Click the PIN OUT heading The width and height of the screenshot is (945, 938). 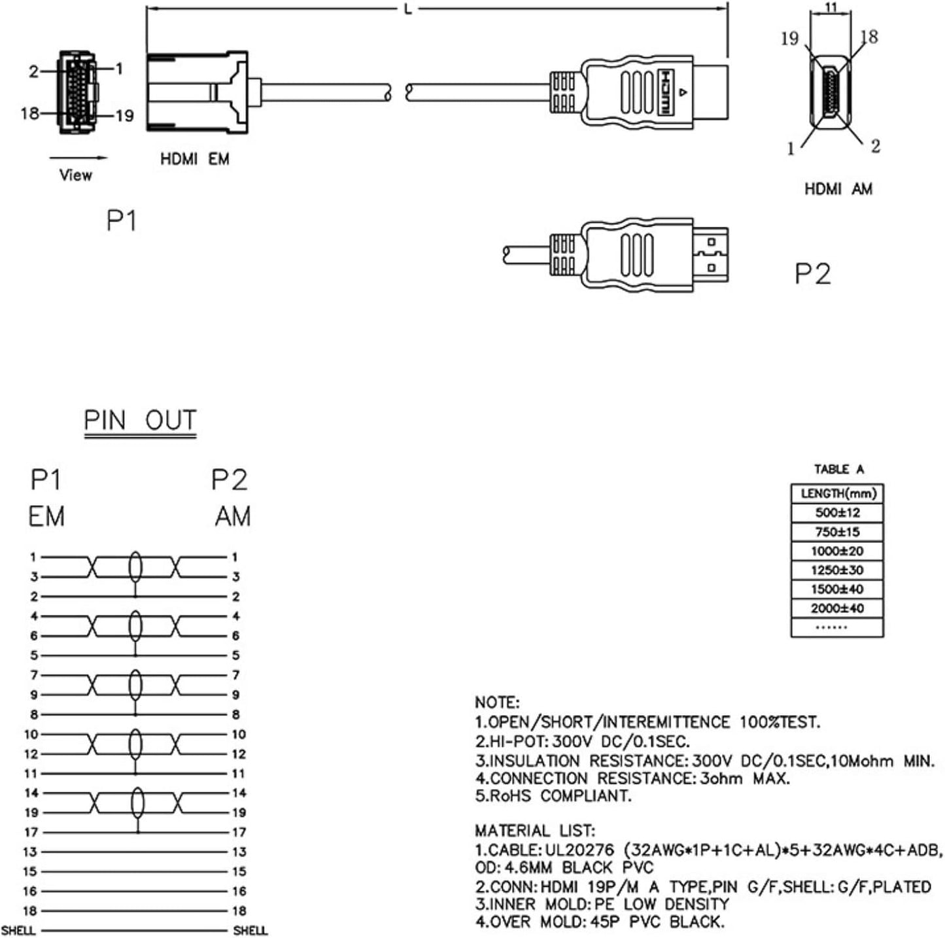140,420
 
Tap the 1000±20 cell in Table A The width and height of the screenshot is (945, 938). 836,551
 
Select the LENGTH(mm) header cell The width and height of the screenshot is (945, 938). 837,493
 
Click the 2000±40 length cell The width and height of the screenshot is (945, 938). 836,608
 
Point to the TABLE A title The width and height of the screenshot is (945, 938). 838,469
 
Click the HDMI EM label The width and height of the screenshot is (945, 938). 194,159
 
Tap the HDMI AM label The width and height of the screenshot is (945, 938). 838,189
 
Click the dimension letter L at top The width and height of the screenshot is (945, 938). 409,9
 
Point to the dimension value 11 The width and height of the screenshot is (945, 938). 831,7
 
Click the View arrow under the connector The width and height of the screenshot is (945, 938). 78,158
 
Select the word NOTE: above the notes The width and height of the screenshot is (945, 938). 496,703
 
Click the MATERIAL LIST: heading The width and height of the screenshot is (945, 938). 534,831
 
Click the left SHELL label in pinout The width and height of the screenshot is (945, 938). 18,930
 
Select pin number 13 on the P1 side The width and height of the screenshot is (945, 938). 30,852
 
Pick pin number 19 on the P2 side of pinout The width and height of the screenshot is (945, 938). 239,812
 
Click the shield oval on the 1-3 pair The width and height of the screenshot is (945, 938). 135,566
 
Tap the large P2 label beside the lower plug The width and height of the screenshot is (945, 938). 812,273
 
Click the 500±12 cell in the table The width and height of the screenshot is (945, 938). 836,512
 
